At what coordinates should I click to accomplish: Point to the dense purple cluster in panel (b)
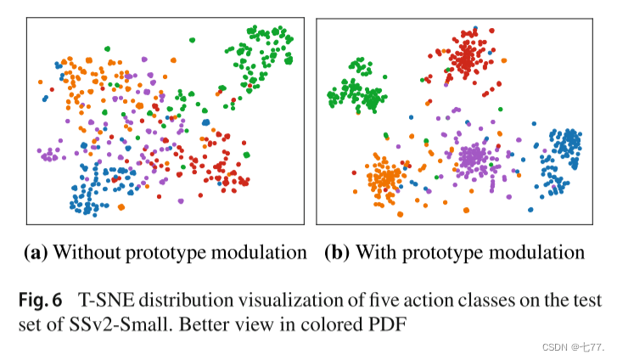474,157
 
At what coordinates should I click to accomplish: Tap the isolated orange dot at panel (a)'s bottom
121,206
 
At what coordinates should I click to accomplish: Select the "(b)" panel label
338,252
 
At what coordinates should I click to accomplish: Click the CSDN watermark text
575,347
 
